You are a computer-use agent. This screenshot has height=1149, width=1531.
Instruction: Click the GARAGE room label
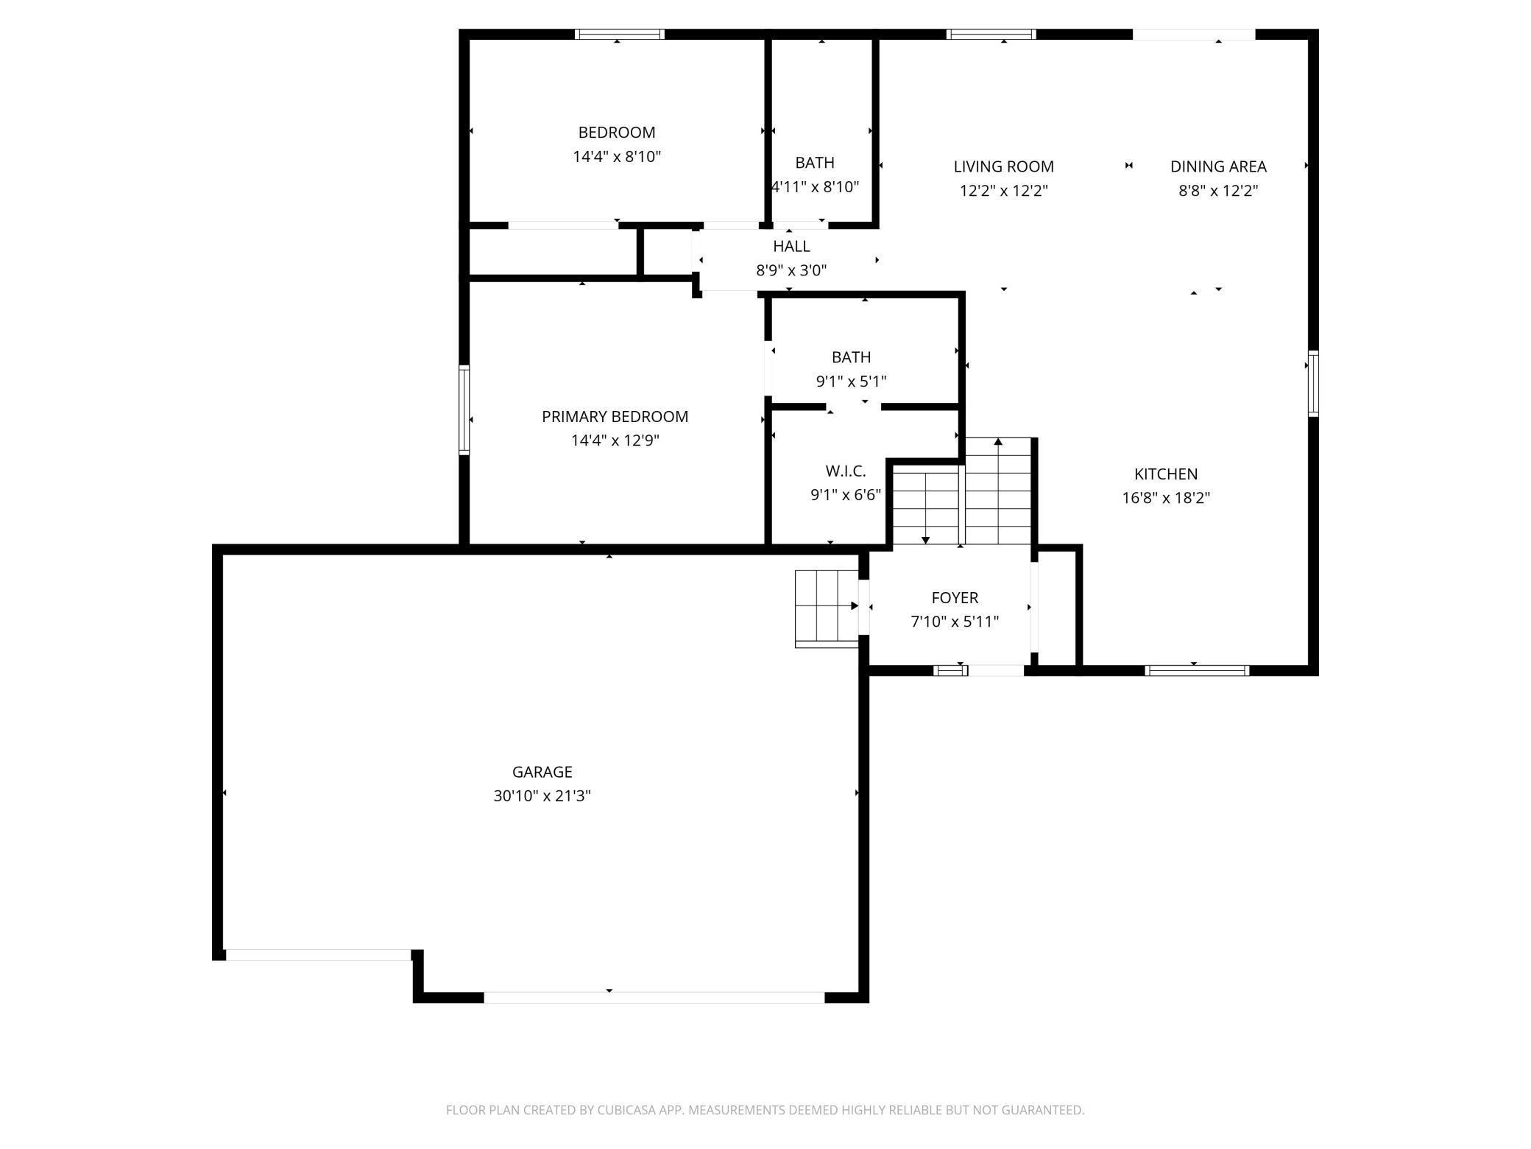pos(542,772)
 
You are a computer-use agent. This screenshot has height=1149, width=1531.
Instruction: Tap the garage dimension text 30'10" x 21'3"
pos(542,796)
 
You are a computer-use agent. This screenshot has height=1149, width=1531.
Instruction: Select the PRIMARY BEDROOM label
pos(615,417)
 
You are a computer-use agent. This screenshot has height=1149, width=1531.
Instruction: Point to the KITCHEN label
pos(1166,474)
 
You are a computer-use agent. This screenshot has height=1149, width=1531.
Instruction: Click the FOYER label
pos(955,598)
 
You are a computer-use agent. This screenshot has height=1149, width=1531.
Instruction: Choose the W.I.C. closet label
pos(846,471)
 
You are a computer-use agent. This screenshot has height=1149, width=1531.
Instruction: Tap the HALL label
pos(791,247)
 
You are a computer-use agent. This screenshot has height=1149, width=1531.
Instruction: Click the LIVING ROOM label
pos(1004,167)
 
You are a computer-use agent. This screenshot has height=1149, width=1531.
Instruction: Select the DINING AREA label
pos(1218,167)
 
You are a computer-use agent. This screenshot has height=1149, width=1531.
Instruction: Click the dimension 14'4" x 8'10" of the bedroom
pos(617,157)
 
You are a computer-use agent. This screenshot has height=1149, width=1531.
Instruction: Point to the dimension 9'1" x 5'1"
pos(851,382)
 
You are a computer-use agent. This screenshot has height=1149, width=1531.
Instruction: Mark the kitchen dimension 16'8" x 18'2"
pos(1166,498)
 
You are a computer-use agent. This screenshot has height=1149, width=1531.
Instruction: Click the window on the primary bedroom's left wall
pos(464,410)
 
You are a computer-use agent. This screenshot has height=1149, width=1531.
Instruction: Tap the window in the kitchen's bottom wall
pos(1197,670)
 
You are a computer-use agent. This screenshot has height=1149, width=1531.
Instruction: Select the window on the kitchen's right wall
pos(1313,384)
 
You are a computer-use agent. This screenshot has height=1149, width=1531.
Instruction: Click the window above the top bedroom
pos(620,34)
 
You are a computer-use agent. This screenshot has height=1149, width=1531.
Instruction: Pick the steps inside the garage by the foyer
pos(827,608)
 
